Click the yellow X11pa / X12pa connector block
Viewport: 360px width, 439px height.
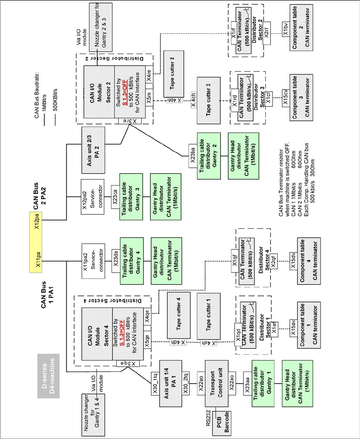(x=36, y=242)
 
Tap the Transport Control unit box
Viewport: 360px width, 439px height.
(x=216, y=383)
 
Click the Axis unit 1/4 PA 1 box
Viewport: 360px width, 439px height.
(x=170, y=383)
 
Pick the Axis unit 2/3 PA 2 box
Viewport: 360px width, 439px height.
(x=93, y=150)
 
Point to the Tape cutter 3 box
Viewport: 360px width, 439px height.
(x=208, y=100)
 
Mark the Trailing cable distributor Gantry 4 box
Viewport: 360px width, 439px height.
(x=131, y=261)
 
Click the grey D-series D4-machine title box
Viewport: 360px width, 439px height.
(x=48, y=376)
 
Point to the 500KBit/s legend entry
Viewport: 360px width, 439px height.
(x=55, y=100)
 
